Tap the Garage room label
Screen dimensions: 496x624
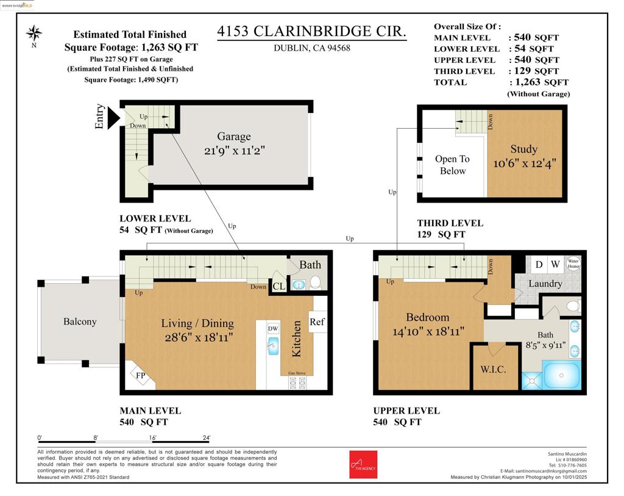233,137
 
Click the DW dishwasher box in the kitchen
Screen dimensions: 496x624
273,328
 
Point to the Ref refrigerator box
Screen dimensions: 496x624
317,322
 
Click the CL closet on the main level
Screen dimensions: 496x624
278,286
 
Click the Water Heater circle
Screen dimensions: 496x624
573,264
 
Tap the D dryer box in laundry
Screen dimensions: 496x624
539,265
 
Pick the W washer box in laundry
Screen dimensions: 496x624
555,265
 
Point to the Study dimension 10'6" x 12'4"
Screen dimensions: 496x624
524,164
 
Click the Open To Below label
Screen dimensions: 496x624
452,165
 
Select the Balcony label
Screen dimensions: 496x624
80,322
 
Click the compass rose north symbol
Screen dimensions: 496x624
35,33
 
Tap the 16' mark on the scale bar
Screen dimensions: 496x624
152,438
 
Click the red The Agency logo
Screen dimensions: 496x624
363,464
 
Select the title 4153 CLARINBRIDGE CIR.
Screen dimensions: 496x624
311,32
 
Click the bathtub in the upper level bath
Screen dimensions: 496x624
561,375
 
